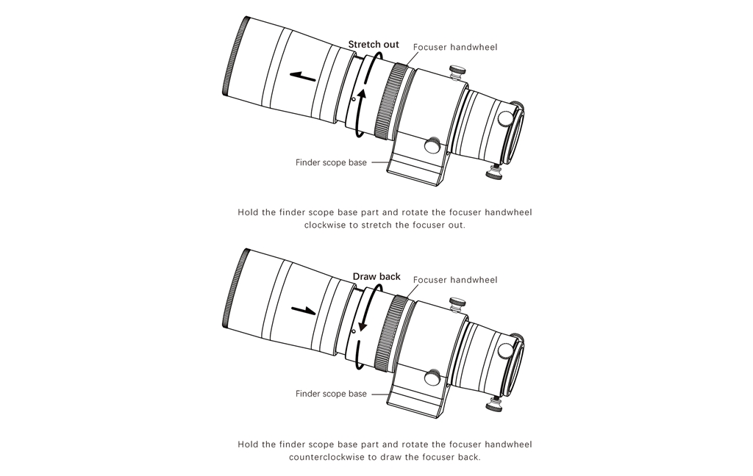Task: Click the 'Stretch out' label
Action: pos(374,44)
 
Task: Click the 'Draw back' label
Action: pos(376,276)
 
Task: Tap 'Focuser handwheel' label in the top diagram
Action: pos(455,47)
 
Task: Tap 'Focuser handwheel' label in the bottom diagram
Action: pos(455,280)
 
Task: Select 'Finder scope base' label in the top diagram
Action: pos(331,162)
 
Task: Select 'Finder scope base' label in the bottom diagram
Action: pos(331,394)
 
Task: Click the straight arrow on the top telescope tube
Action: pos(303,74)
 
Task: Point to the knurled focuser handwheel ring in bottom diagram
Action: pos(390,333)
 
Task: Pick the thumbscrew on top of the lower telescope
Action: pos(456,303)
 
